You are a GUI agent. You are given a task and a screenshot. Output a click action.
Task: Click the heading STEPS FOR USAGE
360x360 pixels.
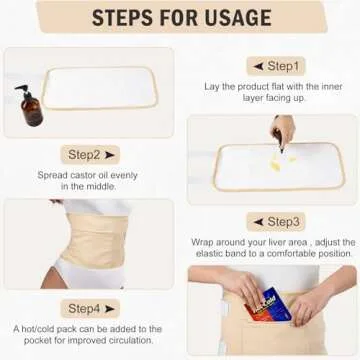pyautogui.click(x=179, y=18)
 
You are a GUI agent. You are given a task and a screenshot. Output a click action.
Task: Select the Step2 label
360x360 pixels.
pyautogui.click(x=89, y=155)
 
